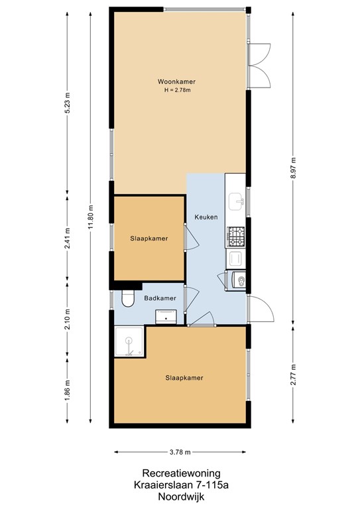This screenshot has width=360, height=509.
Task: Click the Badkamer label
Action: click(x=160, y=298)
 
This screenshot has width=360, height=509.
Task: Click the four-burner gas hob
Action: click(x=235, y=235)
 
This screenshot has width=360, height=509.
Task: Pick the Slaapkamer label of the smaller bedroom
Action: click(x=149, y=239)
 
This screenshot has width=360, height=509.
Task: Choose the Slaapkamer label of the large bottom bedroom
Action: click(x=184, y=378)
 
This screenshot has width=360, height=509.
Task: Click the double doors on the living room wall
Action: click(x=260, y=65)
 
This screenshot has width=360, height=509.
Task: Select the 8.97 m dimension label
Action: click(x=293, y=166)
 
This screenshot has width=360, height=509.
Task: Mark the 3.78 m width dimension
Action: click(x=179, y=453)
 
